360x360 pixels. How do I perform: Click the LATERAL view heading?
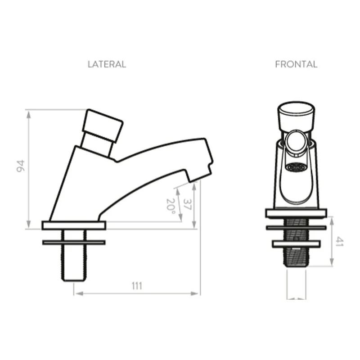coord(107,64)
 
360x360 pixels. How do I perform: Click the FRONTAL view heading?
coord(296,64)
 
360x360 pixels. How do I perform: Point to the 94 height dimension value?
coord(21,166)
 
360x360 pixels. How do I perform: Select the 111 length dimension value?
coord(137,286)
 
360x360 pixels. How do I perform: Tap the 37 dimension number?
coord(187,204)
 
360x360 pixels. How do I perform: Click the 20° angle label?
coord(171,206)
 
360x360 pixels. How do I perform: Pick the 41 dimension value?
coord(339,242)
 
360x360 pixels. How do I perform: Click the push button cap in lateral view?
coord(103,126)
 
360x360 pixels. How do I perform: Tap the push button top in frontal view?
coord(296,116)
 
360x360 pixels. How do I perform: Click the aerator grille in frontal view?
coord(296,167)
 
